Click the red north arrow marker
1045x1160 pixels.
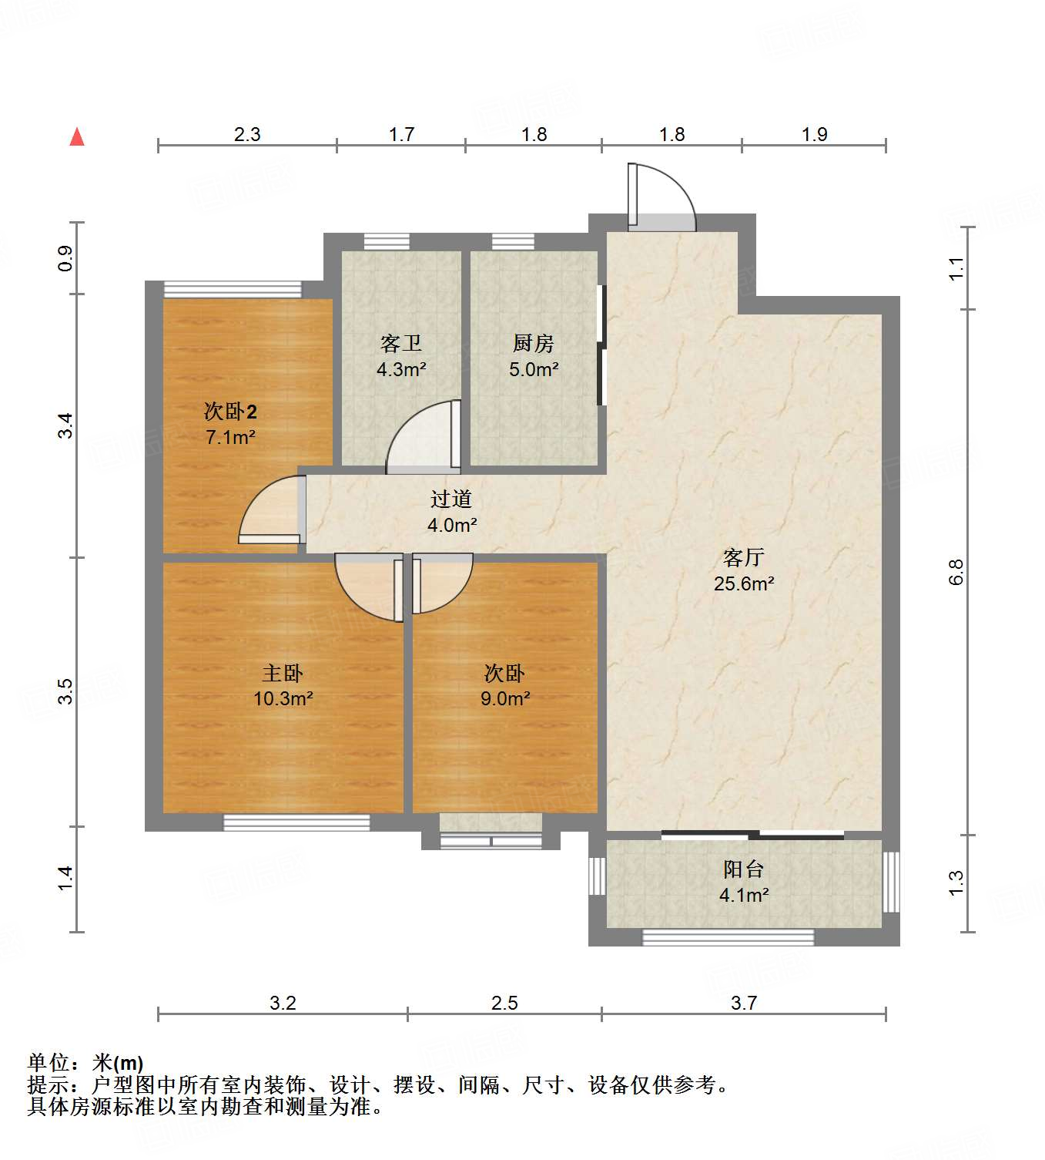point(77,137)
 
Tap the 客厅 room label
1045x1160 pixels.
point(743,557)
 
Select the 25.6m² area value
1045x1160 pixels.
point(743,583)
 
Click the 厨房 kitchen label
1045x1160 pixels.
point(533,343)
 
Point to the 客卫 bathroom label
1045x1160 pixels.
point(400,343)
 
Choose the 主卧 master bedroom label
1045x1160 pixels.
point(283,673)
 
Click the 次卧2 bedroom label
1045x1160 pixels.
point(230,411)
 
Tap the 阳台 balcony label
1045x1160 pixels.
point(743,869)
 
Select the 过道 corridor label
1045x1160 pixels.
point(451,499)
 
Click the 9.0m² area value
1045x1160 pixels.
point(505,698)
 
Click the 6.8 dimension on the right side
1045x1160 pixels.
point(956,572)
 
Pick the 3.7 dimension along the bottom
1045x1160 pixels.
point(744,1003)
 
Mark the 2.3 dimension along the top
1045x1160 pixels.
point(247,134)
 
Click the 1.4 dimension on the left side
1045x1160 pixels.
point(65,879)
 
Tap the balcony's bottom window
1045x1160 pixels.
point(728,937)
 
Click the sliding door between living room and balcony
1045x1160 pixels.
point(752,835)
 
